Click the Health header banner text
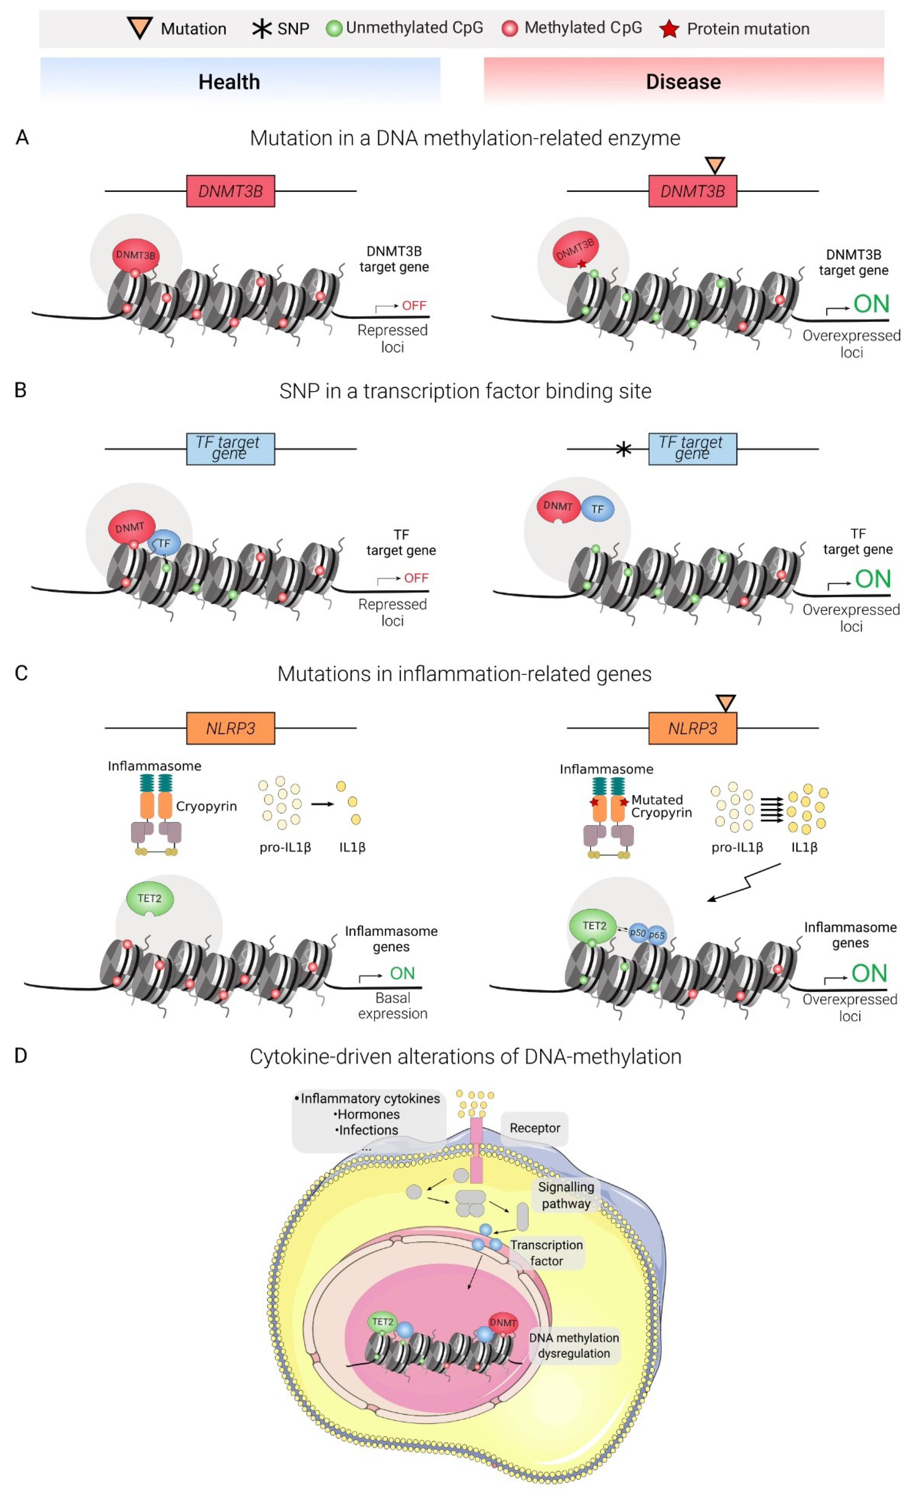point(229,82)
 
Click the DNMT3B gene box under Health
point(230,191)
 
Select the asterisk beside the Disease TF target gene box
point(623,449)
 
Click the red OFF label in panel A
point(414,305)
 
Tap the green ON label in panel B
point(873,579)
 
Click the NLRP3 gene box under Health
point(230,728)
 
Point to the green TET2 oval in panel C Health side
point(150,898)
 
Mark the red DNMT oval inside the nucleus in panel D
point(503,1323)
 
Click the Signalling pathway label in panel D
point(565,1195)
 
